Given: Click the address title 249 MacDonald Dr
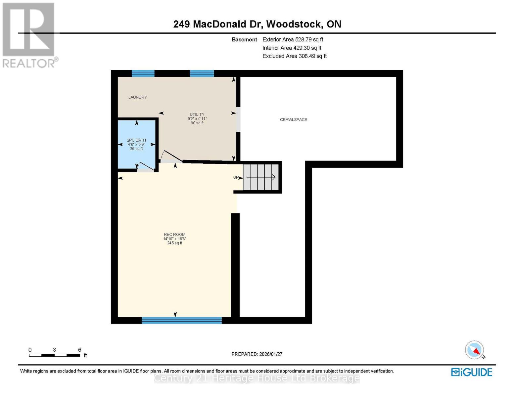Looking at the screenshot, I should (257, 24).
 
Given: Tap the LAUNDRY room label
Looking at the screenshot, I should (137, 97).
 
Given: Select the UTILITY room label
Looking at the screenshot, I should (197, 114).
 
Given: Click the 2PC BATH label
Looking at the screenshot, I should (136, 140).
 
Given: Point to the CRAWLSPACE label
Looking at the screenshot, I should (293, 120).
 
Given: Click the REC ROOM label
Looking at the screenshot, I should (174, 235).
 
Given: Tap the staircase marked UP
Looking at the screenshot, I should (261, 177).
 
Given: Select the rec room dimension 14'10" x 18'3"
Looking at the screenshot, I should (174, 239).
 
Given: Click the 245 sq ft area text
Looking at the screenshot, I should (174, 243).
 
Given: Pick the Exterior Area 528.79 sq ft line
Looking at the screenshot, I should (293, 39).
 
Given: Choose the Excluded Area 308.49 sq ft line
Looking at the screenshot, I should (294, 56).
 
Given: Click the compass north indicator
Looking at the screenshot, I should (475, 350).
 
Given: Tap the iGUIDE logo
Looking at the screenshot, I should (472, 372).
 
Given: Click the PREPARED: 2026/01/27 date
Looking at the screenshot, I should (257, 354).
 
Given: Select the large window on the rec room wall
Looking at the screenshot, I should (182, 320).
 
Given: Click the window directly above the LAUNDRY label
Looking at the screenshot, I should (143, 73).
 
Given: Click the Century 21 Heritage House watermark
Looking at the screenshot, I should (257, 378).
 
